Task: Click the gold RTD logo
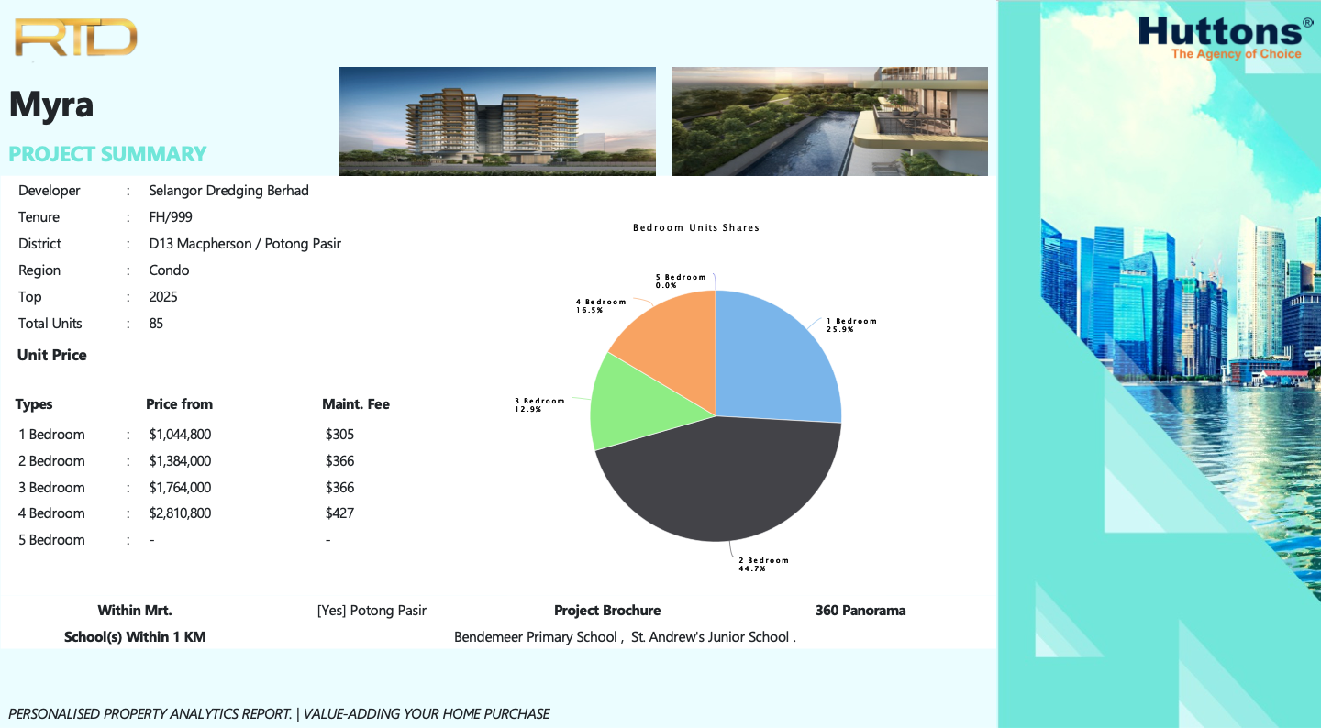75,38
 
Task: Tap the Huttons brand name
1220,30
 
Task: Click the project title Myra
51,105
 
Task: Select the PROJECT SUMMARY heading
107,154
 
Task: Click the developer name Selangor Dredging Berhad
228,191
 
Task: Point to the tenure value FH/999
171,217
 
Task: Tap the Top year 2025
162,296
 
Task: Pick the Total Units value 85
156,323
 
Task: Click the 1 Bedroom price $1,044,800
180,435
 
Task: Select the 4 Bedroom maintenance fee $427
339,513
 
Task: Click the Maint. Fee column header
356,404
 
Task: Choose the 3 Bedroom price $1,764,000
180,488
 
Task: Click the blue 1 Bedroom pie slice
772,359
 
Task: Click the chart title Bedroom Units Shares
696,227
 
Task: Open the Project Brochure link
607,611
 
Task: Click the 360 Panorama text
860,611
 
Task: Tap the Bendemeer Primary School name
536,637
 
